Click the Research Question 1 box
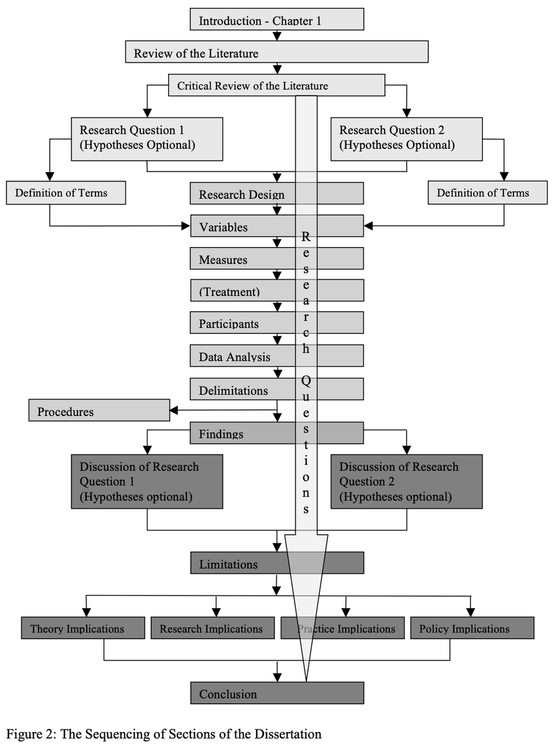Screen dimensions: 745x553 pos(147,138)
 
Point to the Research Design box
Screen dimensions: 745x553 pos(242,194)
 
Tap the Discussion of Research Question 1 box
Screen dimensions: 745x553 pos(147,482)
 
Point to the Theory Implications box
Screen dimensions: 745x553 pos(83,628)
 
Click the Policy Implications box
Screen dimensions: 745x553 pos(472,628)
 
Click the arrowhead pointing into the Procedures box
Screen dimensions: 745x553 pos(174,410)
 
